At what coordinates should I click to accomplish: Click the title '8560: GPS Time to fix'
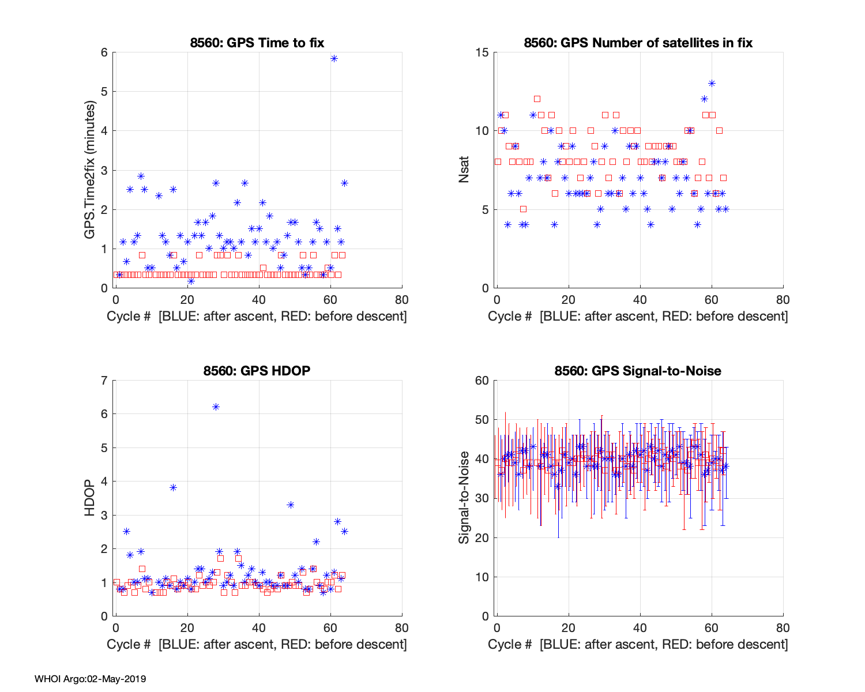coord(257,43)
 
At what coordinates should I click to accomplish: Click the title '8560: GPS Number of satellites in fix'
coord(638,43)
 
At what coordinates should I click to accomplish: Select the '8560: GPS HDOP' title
coord(257,370)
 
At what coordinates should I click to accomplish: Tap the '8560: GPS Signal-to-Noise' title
coord(638,370)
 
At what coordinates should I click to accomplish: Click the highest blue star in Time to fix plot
coord(334,58)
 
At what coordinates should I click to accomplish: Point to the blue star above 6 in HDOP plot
coord(216,407)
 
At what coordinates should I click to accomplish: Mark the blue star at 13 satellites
coord(712,83)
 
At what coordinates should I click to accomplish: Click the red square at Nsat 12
coord(537,99)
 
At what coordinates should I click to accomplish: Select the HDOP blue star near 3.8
coord(173,487)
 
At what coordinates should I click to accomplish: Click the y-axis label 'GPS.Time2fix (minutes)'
coord(90,170)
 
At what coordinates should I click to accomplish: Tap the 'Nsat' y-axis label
coord(464,170)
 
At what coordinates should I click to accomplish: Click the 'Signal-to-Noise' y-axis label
coord(464,498)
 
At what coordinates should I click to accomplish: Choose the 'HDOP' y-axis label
coord(90,498)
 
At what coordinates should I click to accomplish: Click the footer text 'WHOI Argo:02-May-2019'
coord(90,679)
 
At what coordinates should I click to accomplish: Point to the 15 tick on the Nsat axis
coord(483,52)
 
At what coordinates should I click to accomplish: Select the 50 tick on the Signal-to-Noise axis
coord(482,420)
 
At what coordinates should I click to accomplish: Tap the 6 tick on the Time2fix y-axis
coord(104,52)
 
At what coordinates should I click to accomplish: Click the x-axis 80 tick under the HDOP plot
coord(402,627)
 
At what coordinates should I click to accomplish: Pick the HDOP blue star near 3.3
coord(291,505)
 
